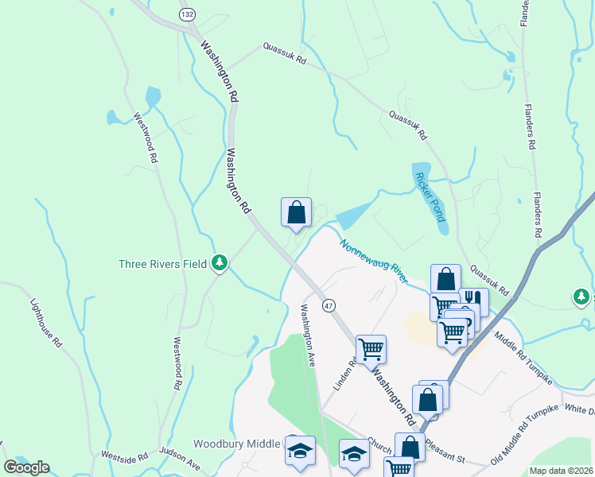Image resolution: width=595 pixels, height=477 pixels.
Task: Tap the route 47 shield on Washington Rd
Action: click(x=328, y=305)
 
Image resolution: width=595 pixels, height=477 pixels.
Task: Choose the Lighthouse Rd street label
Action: click(x=46, y=321)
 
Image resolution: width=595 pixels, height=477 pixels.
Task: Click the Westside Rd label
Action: click(x=125, y=457)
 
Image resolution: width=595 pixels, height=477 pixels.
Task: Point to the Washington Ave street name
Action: click(x=307, y=334)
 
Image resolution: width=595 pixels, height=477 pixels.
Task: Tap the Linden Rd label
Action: click(x=340, y=372)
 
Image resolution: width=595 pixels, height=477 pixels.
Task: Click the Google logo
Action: click(x=26, y=467)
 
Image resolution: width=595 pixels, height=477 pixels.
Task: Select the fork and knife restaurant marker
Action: click(x=473, y=301)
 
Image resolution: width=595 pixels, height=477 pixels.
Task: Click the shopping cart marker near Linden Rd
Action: click(x=371, y=348)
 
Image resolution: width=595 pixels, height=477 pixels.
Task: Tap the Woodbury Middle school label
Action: click(x=236, y=444)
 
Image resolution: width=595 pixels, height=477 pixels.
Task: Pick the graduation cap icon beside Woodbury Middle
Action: click(x=299, y=450)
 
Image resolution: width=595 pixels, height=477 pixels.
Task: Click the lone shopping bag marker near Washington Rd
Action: click(x=296, y=211)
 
